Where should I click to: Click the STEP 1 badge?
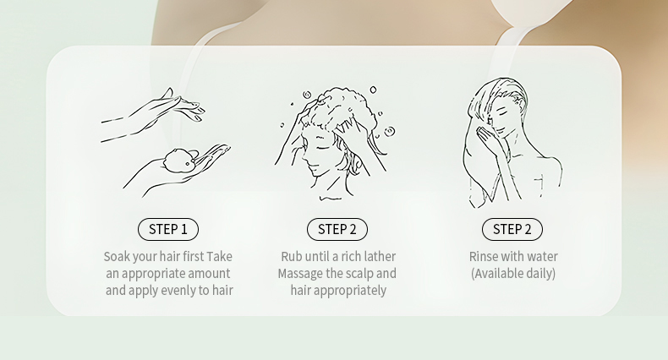[x=168, y=229]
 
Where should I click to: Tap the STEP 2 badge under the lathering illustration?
[x=337, y=229]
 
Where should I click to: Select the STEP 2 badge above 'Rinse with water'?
[x=512, y=229]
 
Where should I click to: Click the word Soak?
[x=117, y=257]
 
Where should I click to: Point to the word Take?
[x=219, y=257]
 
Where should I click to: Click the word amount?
[x=209, y=274]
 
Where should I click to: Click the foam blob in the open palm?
[x=179, y=161]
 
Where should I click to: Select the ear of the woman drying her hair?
[x=519, y=102]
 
